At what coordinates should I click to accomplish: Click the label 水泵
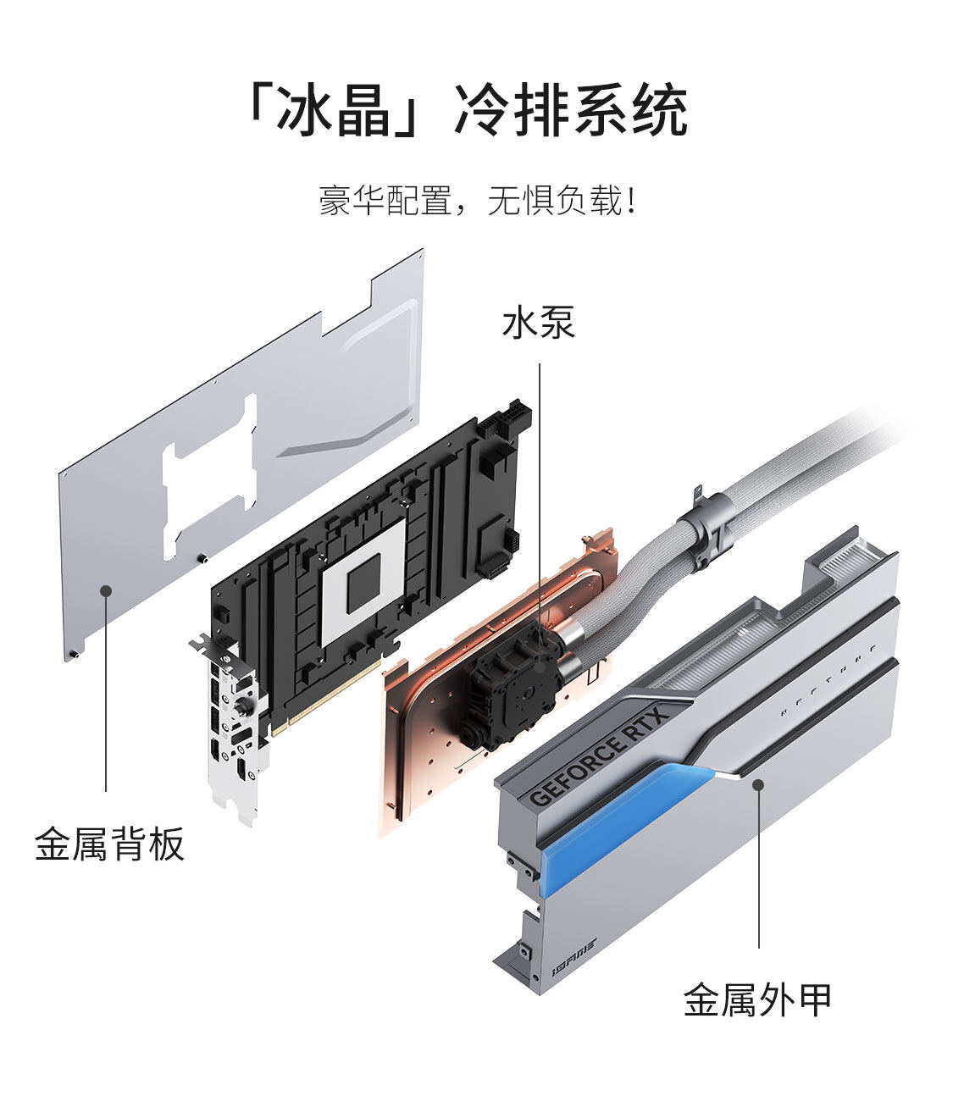coord(539,323)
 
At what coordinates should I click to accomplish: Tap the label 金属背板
coord(109,844)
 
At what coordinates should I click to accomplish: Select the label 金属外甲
coord(757,999)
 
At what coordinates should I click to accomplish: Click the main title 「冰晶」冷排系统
coord(466,110)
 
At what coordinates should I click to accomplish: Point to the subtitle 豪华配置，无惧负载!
coord(476,202)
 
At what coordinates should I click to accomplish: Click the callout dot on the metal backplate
coord(106,590)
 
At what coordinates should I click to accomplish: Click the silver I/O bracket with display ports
coord(233,728)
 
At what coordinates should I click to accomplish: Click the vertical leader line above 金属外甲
coord(759,872)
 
